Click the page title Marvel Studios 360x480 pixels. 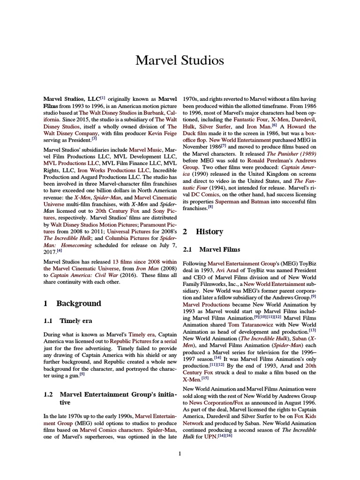pos(180,60)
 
